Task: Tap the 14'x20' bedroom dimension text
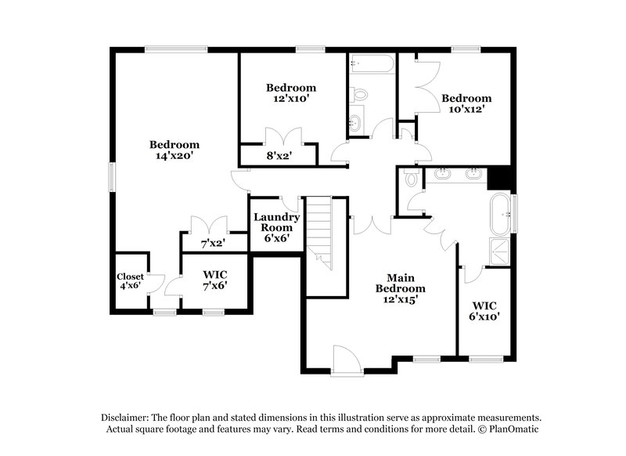point(174,156)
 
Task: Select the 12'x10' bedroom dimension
point(291,99)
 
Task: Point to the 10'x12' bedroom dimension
point(466,110)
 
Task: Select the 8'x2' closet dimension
point(279,156)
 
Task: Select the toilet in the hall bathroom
point(360,95)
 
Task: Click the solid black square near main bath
point(498,178)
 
